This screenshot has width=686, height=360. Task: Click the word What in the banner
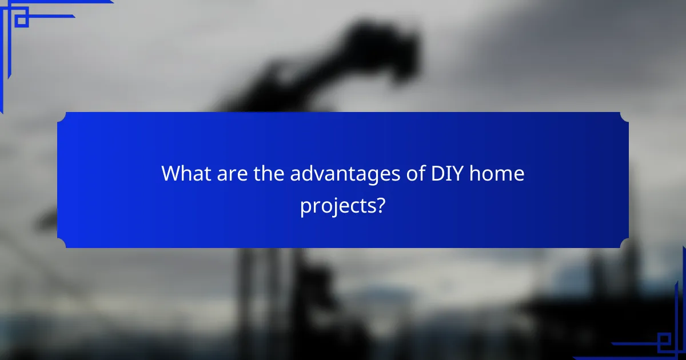click(x=186, y=173)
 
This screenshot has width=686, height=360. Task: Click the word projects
click(x=337, y=206)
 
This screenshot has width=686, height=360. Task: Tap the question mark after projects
click(x=380, y=205)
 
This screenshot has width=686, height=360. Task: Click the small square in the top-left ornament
click(x=21, y=20)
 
